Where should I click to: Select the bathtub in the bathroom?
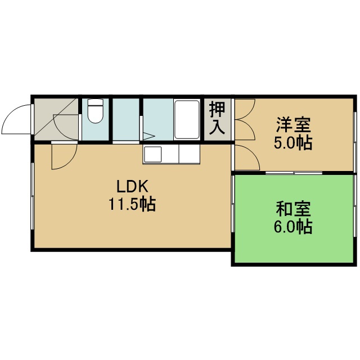tap(186, 119)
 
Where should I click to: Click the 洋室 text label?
tap(293, 125)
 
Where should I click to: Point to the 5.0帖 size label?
tap(292, 143)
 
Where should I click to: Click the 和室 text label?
tap(293, 209)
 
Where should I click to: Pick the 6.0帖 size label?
tap(292, 227)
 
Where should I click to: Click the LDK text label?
tap(133, 186)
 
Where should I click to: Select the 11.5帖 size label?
tap(132, 204)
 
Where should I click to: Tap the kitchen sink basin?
tap(152, 154)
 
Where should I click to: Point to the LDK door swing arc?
tap(68, 162)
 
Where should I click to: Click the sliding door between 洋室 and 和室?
tap(294, 173)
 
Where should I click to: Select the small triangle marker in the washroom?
tap(148, 136)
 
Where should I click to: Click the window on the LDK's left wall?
tap(33, 196)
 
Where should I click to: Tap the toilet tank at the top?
tap(95, 102)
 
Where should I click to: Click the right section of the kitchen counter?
tap(189, 154)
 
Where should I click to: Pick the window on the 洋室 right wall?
tap(355, 142)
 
